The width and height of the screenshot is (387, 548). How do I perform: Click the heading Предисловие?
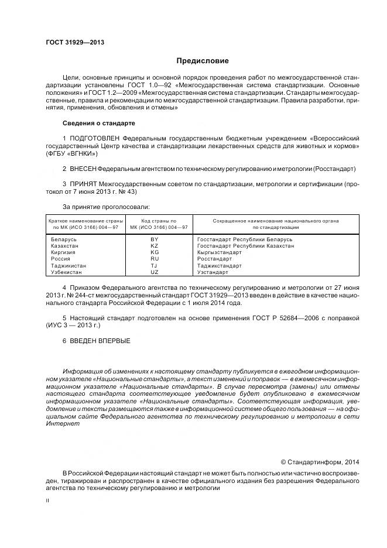click(x=203, y=61)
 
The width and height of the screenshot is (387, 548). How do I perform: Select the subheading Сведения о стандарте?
click(x=98, y=124)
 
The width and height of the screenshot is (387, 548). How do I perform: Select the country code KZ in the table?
click(x=155, y=246)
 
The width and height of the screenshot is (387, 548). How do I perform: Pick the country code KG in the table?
click(x=155, y=252)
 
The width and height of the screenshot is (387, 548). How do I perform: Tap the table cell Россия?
click(x=61, y=259)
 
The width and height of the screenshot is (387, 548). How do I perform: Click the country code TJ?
click(x=155, y=265)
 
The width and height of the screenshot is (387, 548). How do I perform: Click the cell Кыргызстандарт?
click(x=220, y=252)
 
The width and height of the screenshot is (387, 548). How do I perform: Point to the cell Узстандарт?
click(x=213, y=272)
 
